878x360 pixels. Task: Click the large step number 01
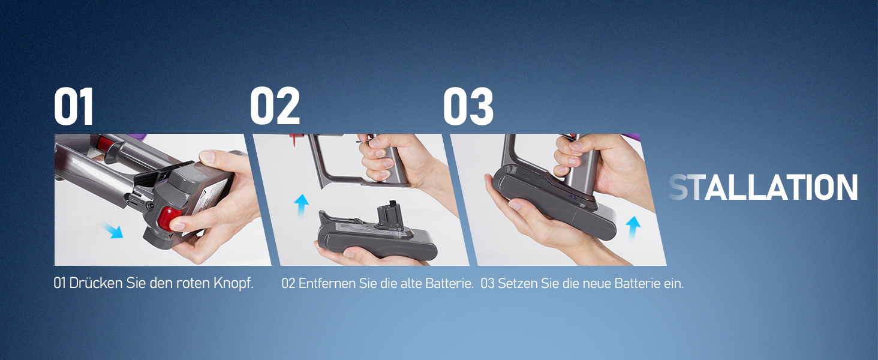(x=74, y=106)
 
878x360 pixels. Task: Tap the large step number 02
(x=275, y=106)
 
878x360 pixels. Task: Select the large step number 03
(x=468, y=106)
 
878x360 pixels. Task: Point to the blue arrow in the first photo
(x=113, y=230)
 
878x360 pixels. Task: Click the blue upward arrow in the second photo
(x=302, y=205)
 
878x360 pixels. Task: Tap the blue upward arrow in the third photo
(x=633, y=228)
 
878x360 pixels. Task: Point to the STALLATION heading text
(x=763, y=187)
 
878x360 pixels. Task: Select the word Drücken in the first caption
(x=95, y=283)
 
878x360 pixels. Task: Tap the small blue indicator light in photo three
(x=573, y=197)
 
